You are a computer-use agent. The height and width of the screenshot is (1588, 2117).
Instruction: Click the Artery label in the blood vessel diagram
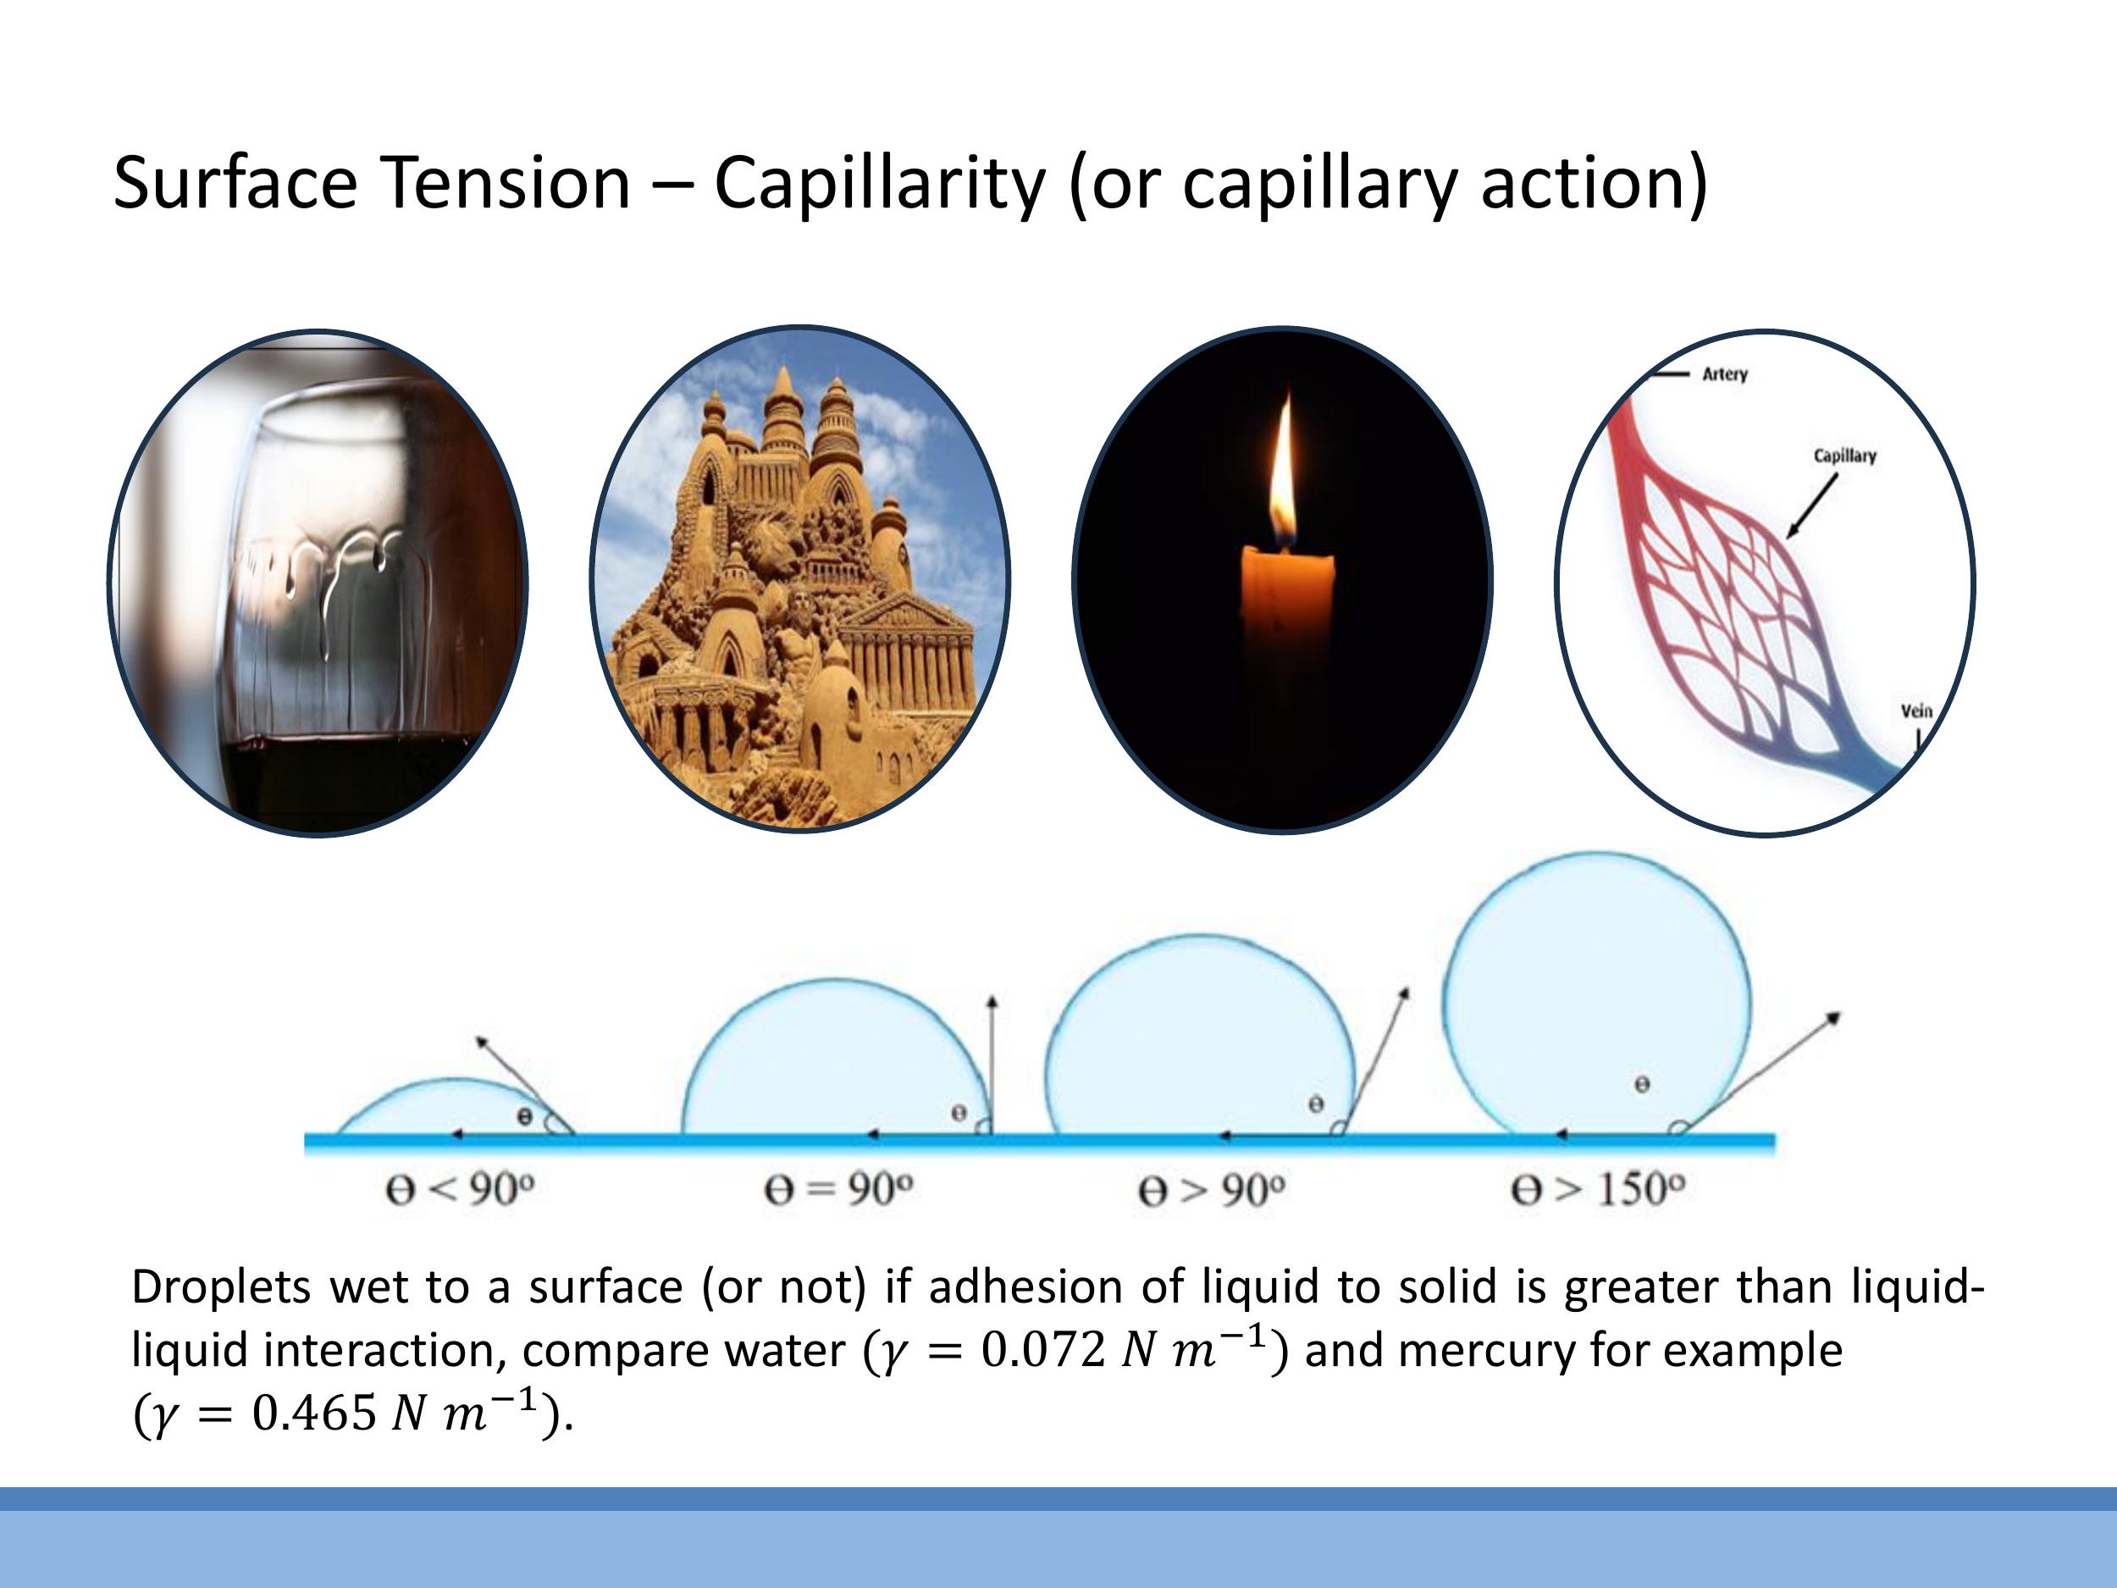tap(1725, 374)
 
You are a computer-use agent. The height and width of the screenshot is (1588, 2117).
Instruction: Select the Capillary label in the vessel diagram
tap(1844, 456)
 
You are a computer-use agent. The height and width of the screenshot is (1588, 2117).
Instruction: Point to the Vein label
tap(1916, 711)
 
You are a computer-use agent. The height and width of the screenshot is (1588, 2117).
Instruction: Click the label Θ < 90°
tap(459, 1190)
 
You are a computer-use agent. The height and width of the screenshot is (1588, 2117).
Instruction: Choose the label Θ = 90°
tap(838, 1190)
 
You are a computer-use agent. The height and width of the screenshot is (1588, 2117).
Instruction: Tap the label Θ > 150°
tap(1597, 1190)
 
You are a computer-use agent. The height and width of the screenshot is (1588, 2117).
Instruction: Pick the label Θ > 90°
tap(1212, 1191)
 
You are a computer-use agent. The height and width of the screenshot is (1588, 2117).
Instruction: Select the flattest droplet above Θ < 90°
tap(450, 1110)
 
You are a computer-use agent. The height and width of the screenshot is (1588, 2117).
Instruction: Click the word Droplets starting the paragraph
tap(221, 1287)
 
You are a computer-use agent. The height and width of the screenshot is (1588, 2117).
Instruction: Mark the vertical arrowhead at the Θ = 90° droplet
tap(992, 1000)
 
